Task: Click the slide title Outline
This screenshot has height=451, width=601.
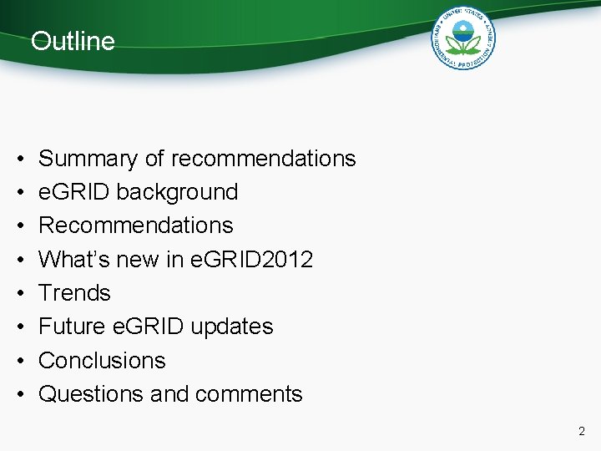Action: tap(73, 41)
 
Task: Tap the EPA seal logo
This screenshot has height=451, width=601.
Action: tap(463, 38)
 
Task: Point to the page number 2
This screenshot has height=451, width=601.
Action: tap(582, 432)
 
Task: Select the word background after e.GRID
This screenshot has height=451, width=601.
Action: tap(177, 192)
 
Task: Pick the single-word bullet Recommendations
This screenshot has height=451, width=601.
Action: tap(136, 225)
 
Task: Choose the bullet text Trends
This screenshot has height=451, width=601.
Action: tap(74, 293)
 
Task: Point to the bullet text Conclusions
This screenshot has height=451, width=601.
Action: tap(102, 361)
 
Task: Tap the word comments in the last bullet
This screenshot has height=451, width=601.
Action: tap(250, 394)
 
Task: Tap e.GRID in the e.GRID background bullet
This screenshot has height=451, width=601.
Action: tap(74, 192)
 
